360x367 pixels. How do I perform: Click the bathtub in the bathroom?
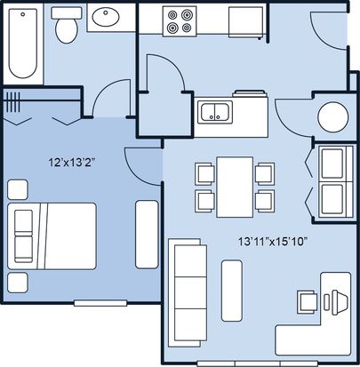[23, 44]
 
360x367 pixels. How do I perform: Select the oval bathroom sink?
[106, 17]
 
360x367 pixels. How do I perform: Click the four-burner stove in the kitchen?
[179, 21]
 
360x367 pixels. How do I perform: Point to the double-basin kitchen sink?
[215, 111]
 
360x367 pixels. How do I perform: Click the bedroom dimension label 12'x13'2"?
[73, 162]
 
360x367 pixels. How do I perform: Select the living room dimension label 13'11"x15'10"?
[272, 242]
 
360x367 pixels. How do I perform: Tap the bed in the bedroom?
[52, 236]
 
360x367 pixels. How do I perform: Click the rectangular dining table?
[235, 187]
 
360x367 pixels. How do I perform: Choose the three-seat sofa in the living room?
[188, 292]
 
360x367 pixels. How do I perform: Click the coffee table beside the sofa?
[231, 291]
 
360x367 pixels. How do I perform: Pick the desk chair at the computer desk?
[307, 301]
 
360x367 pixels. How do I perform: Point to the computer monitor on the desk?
[340, 302]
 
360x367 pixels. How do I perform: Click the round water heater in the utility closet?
[333, 117]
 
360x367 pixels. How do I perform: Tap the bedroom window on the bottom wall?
[100, 303]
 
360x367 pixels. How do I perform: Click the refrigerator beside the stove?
[245, 22]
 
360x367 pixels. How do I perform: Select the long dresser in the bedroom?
[147, 235]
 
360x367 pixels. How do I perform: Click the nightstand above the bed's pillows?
[18, 189]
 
